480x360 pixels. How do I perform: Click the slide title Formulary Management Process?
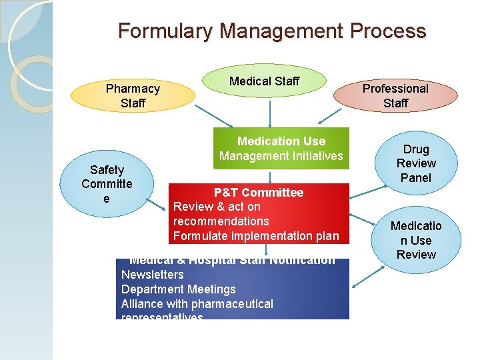point(272,31)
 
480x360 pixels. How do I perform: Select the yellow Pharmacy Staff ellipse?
point(133,95)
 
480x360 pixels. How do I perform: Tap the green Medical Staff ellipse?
point(265,81)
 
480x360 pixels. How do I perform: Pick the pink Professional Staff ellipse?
point(395,95)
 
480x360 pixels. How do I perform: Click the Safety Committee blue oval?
point(107,184)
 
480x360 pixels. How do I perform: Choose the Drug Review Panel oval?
point(416,163)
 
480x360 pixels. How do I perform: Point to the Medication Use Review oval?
point(416,240)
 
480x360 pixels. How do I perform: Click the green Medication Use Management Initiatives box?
point(281,149)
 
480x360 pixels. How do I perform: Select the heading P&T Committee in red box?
point(258,193)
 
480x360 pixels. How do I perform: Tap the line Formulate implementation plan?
point(256,236)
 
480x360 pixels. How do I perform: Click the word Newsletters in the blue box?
point(152,275)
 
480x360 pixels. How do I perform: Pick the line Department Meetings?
point(178,289)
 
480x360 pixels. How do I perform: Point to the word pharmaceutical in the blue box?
point(233,304)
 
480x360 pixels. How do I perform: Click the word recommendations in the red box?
point(221,221)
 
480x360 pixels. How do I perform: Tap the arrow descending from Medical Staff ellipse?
point(269,113)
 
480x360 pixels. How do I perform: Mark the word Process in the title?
point(392,31)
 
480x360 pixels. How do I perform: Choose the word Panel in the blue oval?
point(416,178)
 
